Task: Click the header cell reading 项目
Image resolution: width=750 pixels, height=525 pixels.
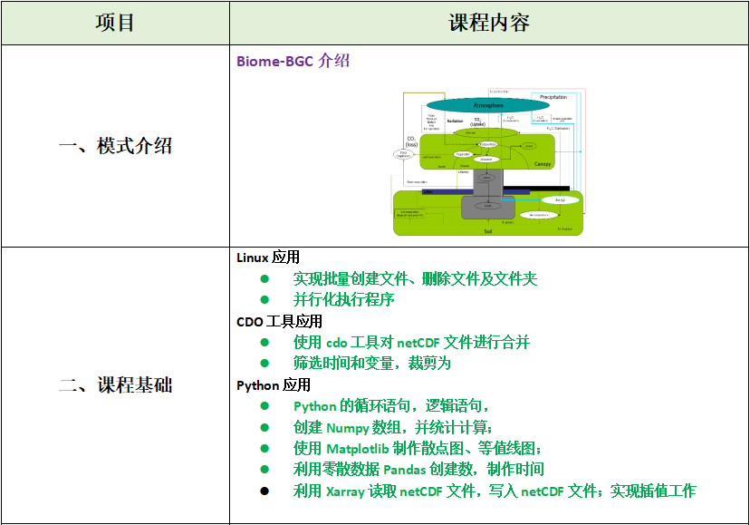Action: pyautogui.click(x=115, y=23)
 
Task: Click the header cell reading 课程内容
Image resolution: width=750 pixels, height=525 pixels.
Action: pyautogui.click(x=489, y=23)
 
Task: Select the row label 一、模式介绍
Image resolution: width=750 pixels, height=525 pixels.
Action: pyautogui.click(x=115, y=146)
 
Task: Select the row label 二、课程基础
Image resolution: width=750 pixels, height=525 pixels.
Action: pyautogui.click(x=115, y=384)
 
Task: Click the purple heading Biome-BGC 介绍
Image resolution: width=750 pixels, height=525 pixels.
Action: pyautogui.click(x=293, y=62)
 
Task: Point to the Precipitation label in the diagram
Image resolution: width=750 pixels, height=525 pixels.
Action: pyautogui.click(x=553, y=96)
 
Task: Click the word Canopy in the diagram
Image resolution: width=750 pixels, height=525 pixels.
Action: pyautogui.click(x=543, y=164)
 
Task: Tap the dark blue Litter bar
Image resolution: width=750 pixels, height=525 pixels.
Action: pyautogui.click(x=430, y=191)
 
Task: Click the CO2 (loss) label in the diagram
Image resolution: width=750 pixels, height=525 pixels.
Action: pyautogui.click(x=412, y=141)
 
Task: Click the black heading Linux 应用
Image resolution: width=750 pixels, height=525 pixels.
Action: pyautogui.click(x=268, y=258)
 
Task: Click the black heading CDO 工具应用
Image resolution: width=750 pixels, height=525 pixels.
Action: pyautogui.click(x=279, y=321)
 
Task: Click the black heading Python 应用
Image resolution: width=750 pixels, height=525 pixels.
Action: pyautogui.click(x=274, y=384)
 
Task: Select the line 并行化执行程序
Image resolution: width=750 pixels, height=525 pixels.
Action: pyautogui.click(x=343, y=299)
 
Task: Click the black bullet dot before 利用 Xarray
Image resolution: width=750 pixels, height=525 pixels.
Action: pyautogui.click(x=264, y=491)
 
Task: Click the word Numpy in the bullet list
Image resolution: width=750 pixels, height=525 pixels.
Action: pyautogui.click(x=348, y=427)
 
